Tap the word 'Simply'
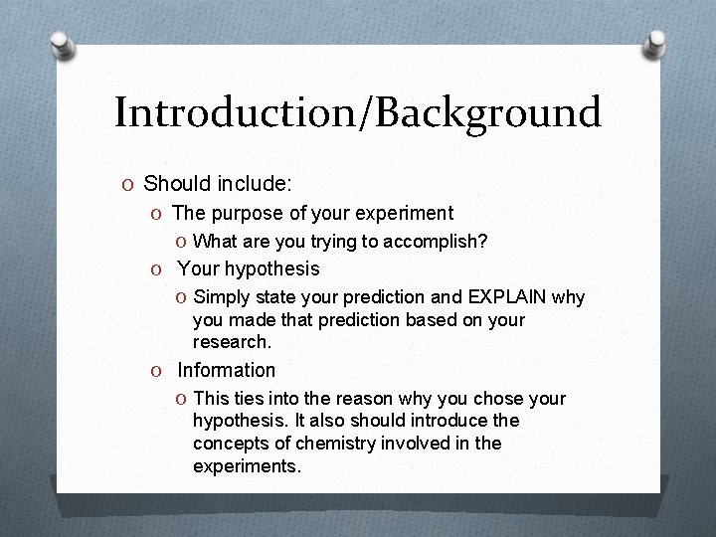222,297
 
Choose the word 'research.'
231,341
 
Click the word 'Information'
227,370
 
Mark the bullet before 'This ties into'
182,399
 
